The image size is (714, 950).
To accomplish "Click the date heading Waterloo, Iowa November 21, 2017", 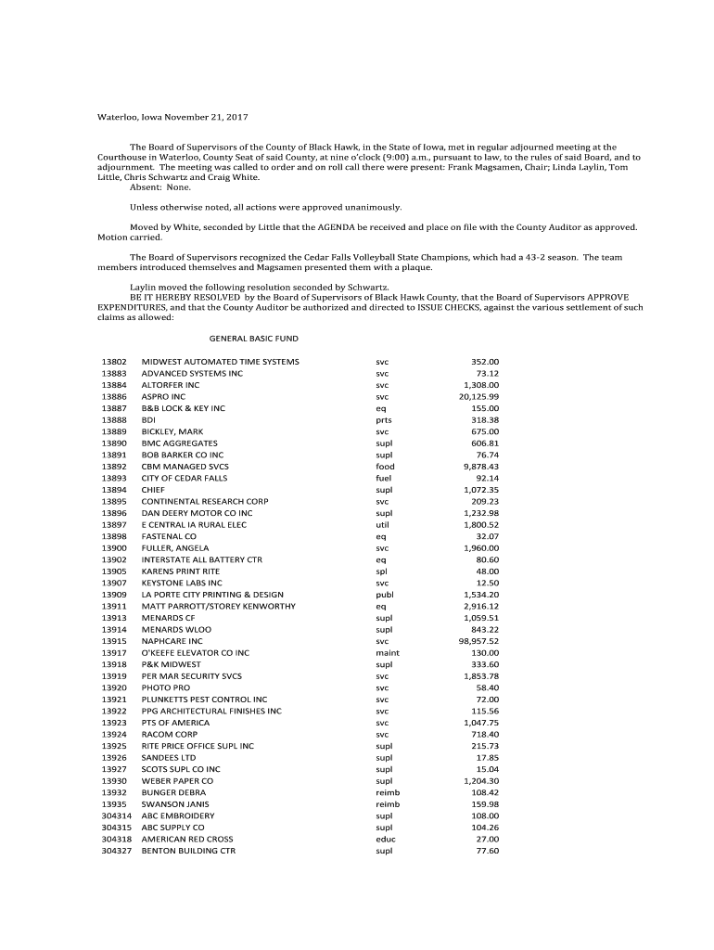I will tap(174, 118).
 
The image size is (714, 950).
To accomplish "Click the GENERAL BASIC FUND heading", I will tap(253, 339).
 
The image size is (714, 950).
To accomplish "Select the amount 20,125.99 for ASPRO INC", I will tap(478, 396).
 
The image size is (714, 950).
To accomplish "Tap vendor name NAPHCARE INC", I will tap(172, 641).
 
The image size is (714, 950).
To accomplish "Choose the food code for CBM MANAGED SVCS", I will tap(385, 467).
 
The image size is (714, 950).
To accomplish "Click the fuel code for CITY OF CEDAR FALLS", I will tap(384, 478).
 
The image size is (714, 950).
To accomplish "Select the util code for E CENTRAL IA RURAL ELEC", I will tap(383, 524).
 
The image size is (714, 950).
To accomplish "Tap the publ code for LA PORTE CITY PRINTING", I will tap(385, 595).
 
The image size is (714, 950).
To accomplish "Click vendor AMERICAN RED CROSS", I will tap(186, 839).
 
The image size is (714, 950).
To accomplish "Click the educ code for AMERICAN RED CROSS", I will tap(385, 839).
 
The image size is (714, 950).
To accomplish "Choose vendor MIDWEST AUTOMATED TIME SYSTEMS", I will tap(220, 361).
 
